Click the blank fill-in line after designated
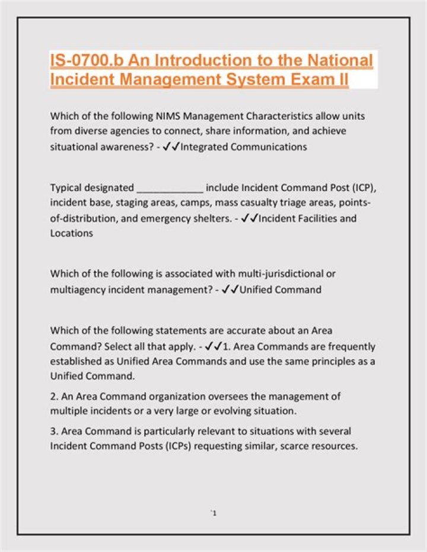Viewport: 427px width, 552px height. click(170, 189)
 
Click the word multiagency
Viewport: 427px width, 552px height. click(77, 289)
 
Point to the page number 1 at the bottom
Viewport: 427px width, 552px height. click(213, 512)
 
